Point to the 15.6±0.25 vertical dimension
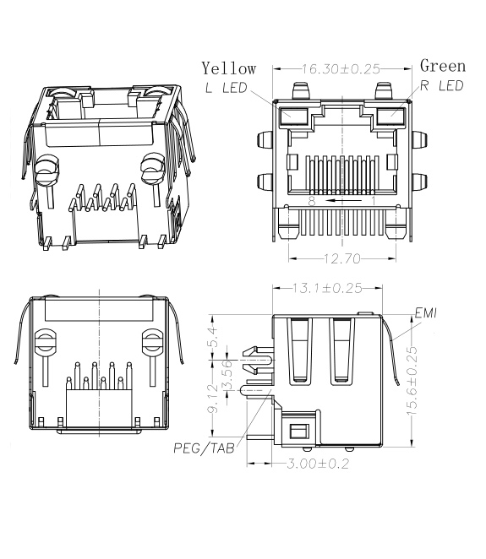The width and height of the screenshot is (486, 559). click(412, 377)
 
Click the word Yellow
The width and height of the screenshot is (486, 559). click(228, 68)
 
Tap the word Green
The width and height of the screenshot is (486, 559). click(443, 66)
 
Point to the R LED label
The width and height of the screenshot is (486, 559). click(442, 86)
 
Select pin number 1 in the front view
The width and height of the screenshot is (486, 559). click(371, 202)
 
